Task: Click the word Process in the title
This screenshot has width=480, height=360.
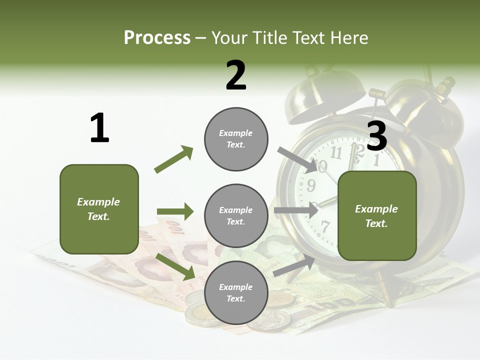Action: pyautogui.click(x=157, y=38)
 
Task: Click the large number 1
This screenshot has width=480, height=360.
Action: pyautogui.click(x=99, y=128)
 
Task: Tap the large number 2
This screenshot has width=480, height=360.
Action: pyautogui.click(x=236, y=75)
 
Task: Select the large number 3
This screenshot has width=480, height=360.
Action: pyautogui.click(x=377, y=136)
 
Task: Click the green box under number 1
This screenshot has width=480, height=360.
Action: pyautogui.click(x=99, y=209)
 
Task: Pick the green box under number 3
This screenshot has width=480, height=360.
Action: pyautogui.click(x=377, y=216)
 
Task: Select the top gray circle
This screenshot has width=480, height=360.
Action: pyautogui.click(x=236, y=139)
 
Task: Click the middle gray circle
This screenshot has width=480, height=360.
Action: pyautogui.click(x=236, y=215)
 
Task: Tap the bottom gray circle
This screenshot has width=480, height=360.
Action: pyautogui.click(x=236, y=292)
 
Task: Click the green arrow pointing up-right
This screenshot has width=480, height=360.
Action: pyautogui.click(x=173, y=159)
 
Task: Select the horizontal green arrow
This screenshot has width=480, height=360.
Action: pyautogui.click(x=175, y=211)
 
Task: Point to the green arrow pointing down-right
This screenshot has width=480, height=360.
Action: pyautogui.click(x=175, y=266)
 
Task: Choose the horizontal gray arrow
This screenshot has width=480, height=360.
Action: pyautogui.click(x=296, y=210)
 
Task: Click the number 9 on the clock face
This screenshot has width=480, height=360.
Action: pyautogui.click(x=311, y=186)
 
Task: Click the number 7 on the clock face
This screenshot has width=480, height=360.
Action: pyautogui.click(x=325, y=226)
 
